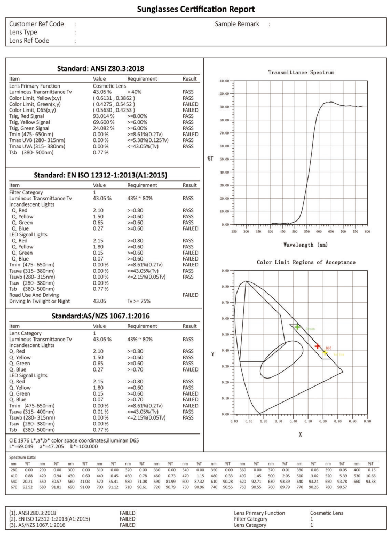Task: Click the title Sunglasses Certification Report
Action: [193, 9]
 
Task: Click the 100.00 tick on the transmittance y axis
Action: [224, 94]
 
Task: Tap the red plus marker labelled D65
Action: [318, 346]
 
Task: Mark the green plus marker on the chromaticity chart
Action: [297, 327]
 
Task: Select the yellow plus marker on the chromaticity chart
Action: [325, 353]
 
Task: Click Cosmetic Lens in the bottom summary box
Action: [327, 513]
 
